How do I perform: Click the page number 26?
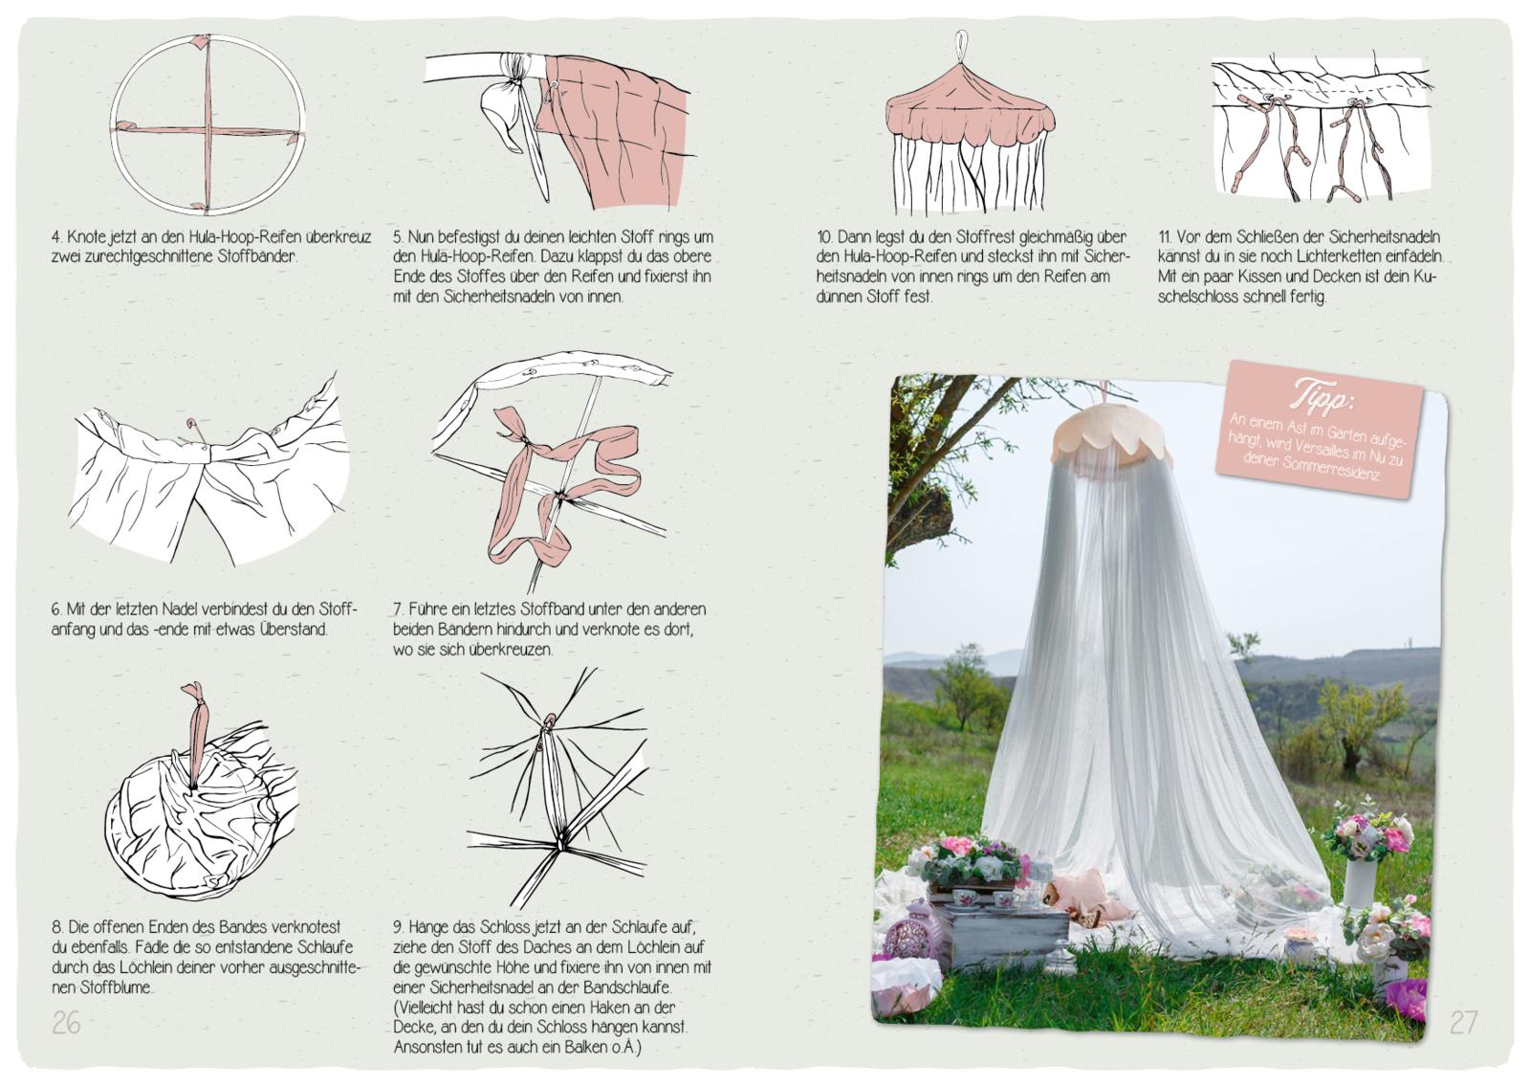[66, 1023]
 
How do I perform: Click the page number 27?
[1463, 1023]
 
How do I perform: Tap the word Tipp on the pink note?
[1321, 396]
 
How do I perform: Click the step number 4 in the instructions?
[56, 237]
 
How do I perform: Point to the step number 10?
[824, 237]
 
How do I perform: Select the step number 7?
[398, 609]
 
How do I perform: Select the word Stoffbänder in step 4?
[257, 257]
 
